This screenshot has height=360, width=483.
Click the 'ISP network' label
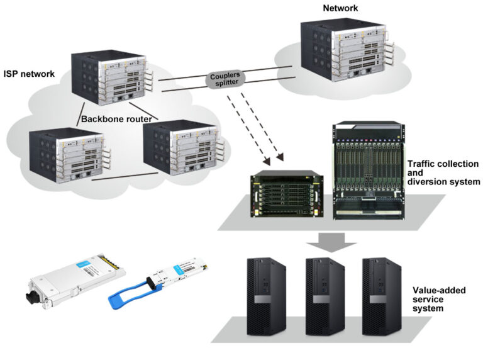click(x=29, y=74)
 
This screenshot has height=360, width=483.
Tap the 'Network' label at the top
click(x=341, y=8)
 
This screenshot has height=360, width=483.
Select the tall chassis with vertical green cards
click(x=367, y=170)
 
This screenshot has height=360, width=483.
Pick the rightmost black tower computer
click(x=382, y=290)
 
